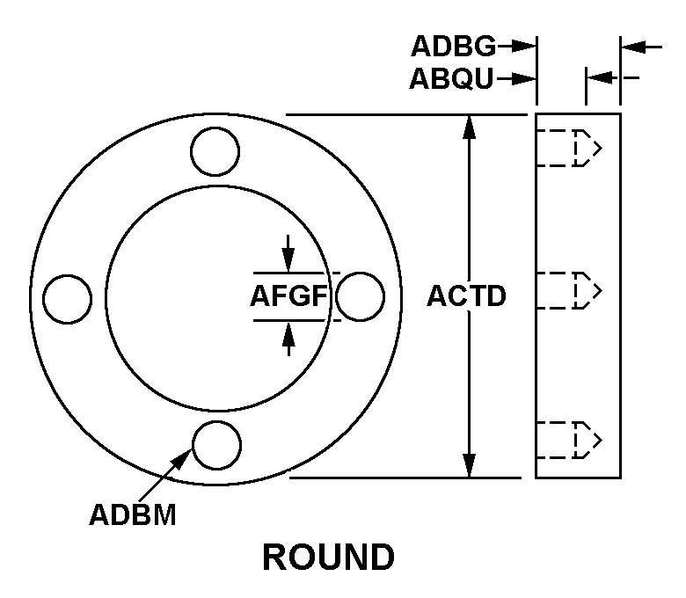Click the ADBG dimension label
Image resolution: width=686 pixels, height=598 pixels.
pos(454,46)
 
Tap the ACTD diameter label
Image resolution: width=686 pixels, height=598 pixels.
pos(466,296)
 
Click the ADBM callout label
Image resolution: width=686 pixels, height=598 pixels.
pos(133,514)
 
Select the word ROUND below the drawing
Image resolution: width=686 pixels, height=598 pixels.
pos(329,557)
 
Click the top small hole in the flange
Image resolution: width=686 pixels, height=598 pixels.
pos(215,150)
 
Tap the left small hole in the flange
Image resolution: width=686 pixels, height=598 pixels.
pos(68,298)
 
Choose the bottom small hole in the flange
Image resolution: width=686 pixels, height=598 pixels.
pos(217,445)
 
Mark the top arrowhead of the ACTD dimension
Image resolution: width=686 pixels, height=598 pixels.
pos(470,125)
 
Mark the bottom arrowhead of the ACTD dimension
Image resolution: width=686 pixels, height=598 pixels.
pos(470,467)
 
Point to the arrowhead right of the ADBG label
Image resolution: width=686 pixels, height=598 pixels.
pos(526,46)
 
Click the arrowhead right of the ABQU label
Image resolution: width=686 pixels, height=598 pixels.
pos(526,79)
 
